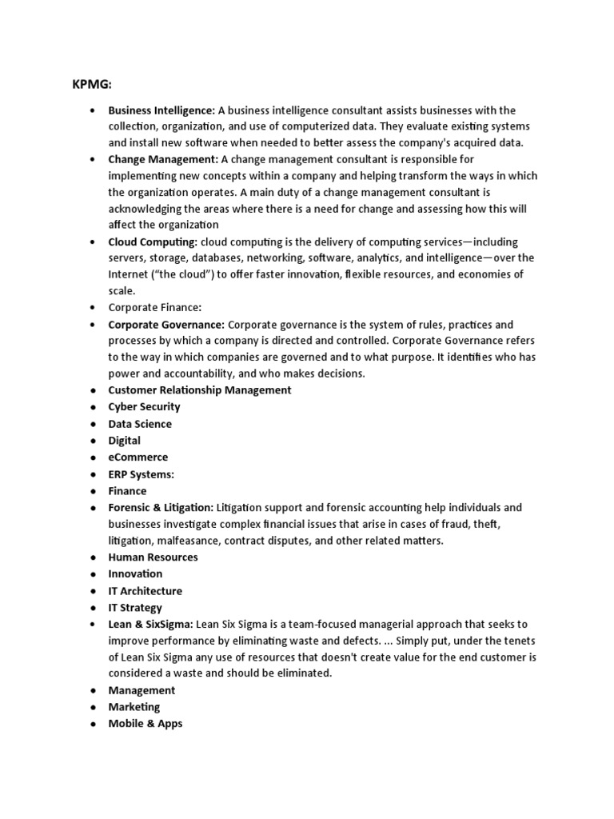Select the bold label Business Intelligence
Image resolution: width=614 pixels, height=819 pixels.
[x=161, y=110]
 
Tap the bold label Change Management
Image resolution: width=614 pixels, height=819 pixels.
[x=163, y=159]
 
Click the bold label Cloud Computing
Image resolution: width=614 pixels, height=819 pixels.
[x=153, y=242]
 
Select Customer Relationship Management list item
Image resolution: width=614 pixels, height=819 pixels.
[x=200, y=390]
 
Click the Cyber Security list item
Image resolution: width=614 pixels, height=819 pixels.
[x=144, y=407]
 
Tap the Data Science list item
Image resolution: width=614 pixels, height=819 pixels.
[x=140, y=424]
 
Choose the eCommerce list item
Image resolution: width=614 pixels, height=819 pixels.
[x=138, y=457]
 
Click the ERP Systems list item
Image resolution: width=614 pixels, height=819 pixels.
[x=142, y=474]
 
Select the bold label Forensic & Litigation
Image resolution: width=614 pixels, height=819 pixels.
[x=161, y=508]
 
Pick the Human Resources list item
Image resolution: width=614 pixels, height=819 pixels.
[x=153, y=557]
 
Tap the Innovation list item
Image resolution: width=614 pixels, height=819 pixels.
[x=135, y=573]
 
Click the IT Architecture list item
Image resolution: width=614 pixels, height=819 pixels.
[x=145, y=591]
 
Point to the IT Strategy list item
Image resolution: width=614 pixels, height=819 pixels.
[x=135, y=608]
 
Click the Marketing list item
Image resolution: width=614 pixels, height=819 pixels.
[x=134, y=707]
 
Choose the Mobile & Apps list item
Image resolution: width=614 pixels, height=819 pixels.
[x=146, y=724]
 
